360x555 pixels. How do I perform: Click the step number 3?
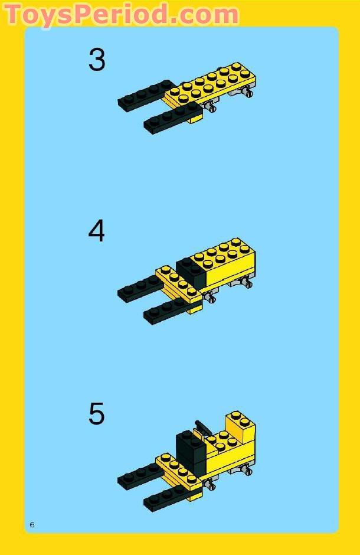click(x=97, y=60)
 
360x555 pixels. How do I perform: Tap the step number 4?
click(x=97, y=231)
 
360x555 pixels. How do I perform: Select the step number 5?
click(x=97, y=414)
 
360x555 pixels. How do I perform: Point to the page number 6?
click(x=32, y=525)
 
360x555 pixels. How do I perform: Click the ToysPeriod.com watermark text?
click(x=121, y=14)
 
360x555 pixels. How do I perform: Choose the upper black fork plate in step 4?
click(x=139, y=288)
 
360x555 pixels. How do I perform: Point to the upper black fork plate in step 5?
click(x=139, y=476)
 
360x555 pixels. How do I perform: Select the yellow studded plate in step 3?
click(x=212, y=83)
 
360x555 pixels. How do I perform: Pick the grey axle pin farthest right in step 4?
click(x=248, y=284)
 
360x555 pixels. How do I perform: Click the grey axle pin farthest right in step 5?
click(x=248, y=471)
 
